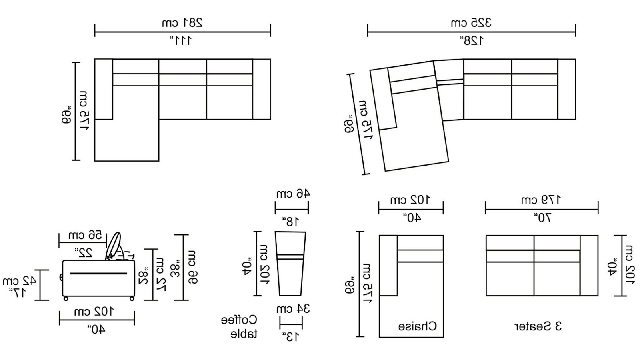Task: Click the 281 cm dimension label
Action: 182,22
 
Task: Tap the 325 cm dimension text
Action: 471,22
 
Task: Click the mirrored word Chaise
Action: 417,326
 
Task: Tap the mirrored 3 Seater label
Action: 538,326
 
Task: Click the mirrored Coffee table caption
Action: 240,327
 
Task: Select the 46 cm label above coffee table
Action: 293,194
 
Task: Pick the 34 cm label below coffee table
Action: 293,309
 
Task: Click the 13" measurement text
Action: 290,337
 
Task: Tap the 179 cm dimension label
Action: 541,200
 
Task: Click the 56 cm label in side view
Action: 85,235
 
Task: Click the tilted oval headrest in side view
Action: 114,245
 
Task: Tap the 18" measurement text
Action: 291,221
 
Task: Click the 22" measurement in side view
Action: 84,253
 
